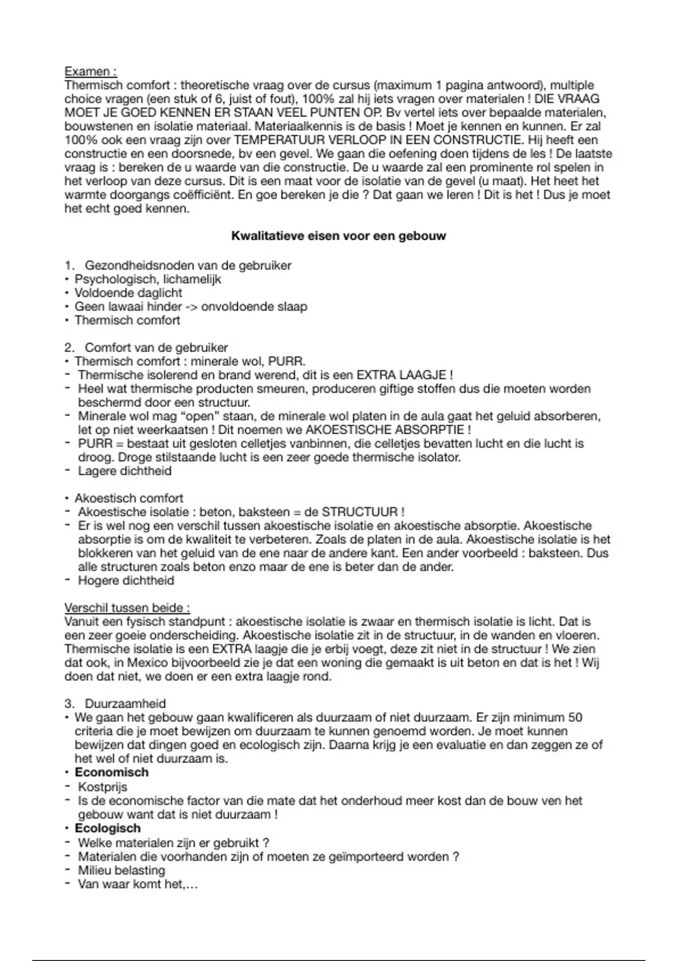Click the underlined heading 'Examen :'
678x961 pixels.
(90, 72)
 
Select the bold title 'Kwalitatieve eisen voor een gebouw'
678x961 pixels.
(338, 236)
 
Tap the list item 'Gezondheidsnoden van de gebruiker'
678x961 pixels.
(188, 266)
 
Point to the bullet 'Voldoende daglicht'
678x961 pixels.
(128, 293)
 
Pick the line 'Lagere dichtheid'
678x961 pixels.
(124, 471)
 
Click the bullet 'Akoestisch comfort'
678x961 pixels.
(129, 498)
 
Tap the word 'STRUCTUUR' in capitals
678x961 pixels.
(360, 512)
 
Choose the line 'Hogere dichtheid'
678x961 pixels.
(125, 581)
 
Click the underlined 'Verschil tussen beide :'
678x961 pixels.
(127, 608)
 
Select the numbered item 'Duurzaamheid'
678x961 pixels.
(125, 704)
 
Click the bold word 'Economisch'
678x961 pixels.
(112, 773)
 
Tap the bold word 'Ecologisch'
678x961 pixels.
(108, 828)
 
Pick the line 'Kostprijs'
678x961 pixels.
(102, 787)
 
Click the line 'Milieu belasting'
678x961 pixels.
(121, 871)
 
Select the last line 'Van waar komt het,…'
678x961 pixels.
(138, 884)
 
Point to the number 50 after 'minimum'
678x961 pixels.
(575, 718)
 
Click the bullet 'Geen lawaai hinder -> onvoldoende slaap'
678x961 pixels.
(191, 307)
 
